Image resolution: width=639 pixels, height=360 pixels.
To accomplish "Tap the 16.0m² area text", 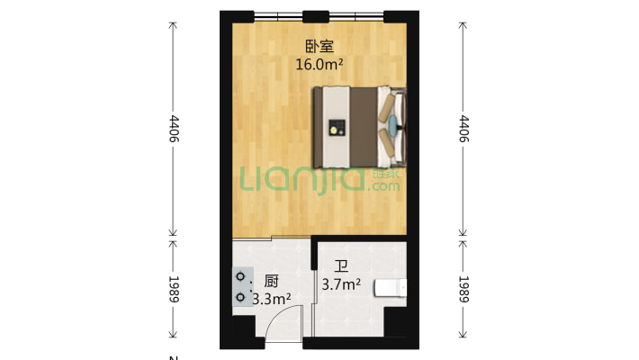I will [x=319, y=64].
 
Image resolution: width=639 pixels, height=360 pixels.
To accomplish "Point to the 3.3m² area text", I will [x=271, y=298].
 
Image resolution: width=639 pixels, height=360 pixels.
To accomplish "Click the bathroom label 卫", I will [x=341, y=266].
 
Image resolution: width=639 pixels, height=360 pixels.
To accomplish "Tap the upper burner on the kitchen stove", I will [x=241, y=279].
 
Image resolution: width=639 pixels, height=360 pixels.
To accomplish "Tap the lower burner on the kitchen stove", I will [x=241, y=295].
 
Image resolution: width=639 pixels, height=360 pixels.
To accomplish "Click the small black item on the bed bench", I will [x=336, y=127].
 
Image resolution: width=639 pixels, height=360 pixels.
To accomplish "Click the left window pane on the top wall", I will [x=278, y=15].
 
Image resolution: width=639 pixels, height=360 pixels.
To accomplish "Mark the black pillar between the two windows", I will [x=315, y=15].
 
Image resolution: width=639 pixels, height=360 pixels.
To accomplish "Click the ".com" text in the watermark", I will [x=382, y=187].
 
